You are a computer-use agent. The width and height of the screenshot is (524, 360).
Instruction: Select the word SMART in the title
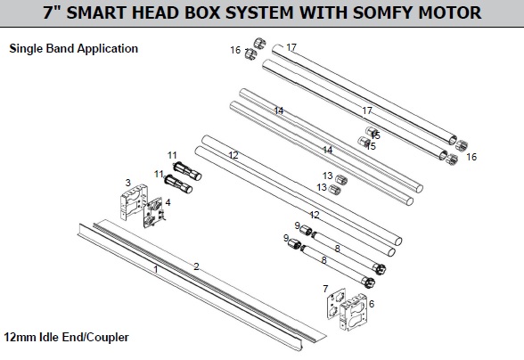click(x=96, y=12)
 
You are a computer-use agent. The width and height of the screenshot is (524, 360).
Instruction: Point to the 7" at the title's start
click(x=52, y=12)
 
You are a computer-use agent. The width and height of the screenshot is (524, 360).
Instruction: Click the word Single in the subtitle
click(x=27, y=49)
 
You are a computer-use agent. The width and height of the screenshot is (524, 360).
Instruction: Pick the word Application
click(x=108, y=49)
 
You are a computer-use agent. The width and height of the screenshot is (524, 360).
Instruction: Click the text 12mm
click(x=20, y=337)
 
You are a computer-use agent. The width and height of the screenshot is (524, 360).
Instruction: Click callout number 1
click(x=155, y=269)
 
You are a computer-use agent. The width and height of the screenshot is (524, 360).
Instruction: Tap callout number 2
click(x=196, y=266)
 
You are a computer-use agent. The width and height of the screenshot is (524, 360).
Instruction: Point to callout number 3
click(x=128, y=183)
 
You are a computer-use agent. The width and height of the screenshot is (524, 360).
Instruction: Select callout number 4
click(x=168, y=202)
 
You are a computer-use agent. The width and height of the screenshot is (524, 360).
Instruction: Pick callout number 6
click(x=372, y=304)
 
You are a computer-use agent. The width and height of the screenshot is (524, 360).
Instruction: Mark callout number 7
click(x=325, y=289)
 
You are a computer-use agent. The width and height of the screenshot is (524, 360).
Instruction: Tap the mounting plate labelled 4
click(x=153, y=213)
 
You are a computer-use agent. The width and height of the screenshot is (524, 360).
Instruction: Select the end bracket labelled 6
click(x=354, y=312)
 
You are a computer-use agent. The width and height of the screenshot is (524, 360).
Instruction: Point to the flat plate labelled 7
click(x=335, y=304)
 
